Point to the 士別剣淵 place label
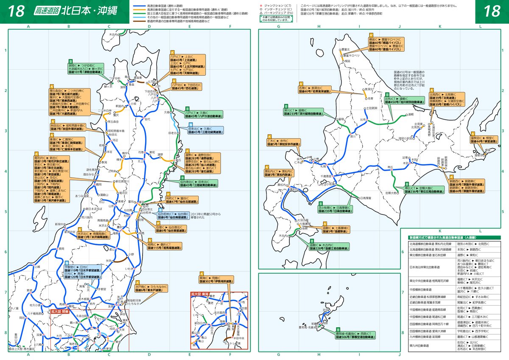click(372, 109)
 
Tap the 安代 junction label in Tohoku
click(148, 119)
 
